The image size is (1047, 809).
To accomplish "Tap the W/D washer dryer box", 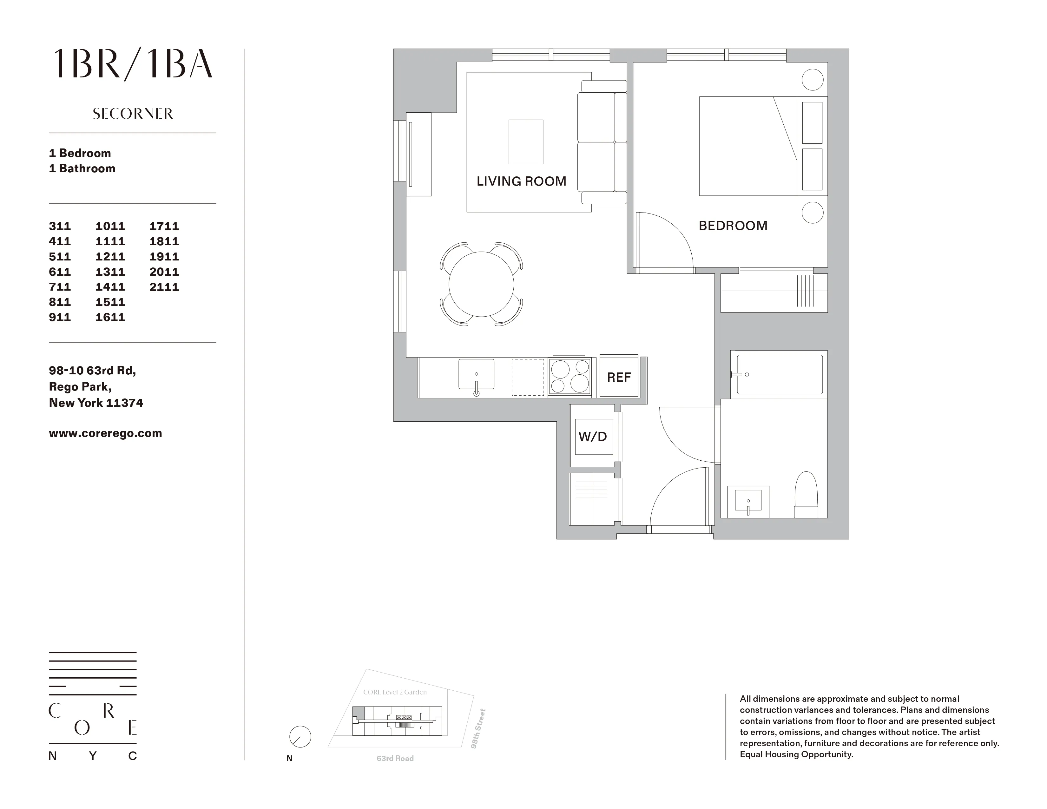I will coord(593,436).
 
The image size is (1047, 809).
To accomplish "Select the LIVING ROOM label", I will coord(521,181).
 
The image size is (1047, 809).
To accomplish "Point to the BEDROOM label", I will coord(733,226).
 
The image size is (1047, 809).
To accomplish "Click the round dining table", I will coord(481,284).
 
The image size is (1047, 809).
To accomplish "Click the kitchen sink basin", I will coord(476,374).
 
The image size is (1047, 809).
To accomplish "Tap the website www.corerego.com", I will coord(105,433).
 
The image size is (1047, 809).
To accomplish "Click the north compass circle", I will coord(300,737).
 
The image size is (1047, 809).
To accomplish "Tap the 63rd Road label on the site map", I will coord(395,758).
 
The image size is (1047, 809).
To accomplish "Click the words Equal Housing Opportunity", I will coord(796,754).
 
